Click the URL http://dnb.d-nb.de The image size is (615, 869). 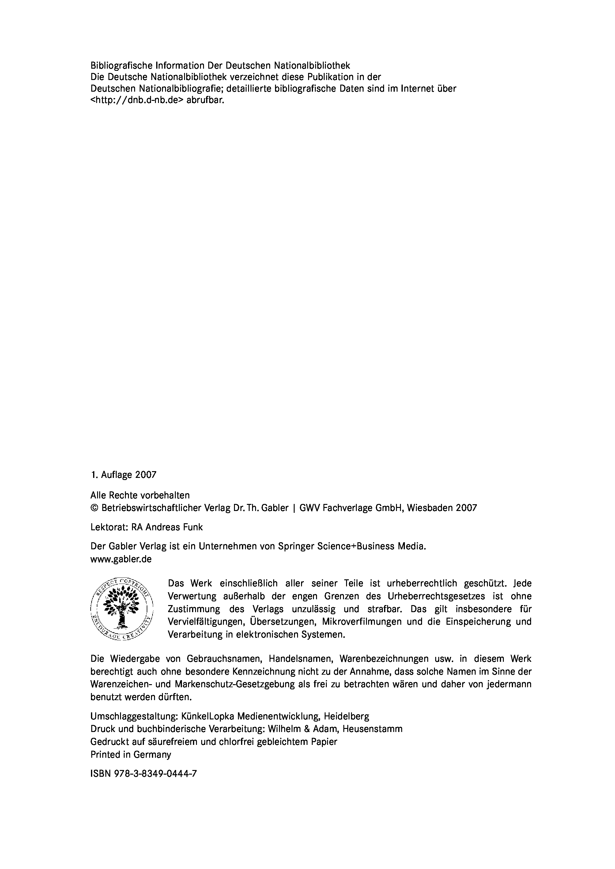[x=137, y=101]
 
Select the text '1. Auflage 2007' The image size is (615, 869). [x=123, y=475]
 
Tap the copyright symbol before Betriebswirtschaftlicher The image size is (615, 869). [x=94, y=508]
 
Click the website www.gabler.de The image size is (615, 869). [x=121, y=559]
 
